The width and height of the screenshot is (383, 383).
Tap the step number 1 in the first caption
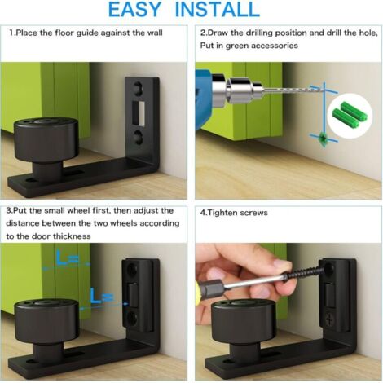click(x=11, y=34)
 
